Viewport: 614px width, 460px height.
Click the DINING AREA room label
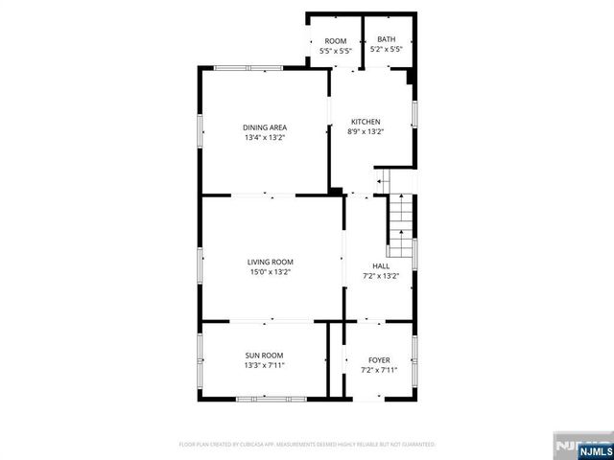click(265, 127)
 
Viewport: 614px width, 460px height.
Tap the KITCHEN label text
click(366, 122)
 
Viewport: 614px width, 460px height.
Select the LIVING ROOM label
click(270, 262)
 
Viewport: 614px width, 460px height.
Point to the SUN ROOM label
click(264, 355)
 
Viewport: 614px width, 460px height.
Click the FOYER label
click(379, 359)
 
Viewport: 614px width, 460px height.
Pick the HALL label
click(381, 266)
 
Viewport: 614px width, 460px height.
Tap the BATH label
click(387, 40)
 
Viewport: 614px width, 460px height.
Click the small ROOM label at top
click(335, 41)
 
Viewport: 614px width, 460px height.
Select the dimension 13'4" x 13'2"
click(265, 138)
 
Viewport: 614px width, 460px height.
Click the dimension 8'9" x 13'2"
click(366, 132)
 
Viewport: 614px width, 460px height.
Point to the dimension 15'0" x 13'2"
click(270, 272)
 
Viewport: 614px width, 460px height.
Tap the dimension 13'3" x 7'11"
click(264, 365)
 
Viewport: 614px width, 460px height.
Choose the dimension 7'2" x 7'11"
click(379, 370)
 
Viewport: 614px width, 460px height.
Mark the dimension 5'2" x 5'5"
click(387, 51)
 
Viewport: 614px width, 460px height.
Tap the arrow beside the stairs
click(381, 180)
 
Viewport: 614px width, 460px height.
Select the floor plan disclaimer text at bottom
click(307, 445)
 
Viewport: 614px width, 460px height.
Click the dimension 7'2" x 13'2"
click(381, 277)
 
